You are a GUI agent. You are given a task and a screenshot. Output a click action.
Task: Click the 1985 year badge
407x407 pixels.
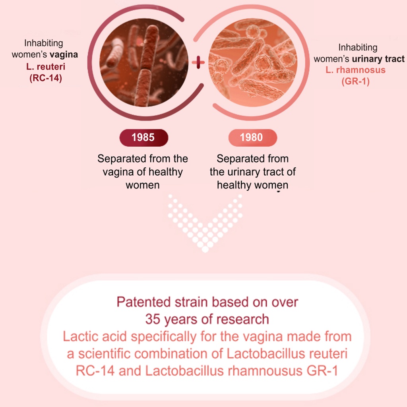point(144,138)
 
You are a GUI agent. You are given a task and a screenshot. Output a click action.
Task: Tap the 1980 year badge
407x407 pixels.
point(252,138)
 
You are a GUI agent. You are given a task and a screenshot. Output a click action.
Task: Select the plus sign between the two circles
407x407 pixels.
point(198,62)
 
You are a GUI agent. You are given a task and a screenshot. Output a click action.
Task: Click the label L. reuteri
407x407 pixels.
point(46,67)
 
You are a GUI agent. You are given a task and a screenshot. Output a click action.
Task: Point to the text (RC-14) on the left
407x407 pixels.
point(46,78)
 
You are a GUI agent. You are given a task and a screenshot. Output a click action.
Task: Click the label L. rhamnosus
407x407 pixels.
point(355,70)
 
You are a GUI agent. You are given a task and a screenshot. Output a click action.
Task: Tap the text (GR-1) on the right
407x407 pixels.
point(355,81)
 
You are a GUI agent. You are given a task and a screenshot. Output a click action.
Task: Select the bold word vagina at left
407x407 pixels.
point(64,55)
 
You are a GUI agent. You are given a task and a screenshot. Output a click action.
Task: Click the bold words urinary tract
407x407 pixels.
point(378,59)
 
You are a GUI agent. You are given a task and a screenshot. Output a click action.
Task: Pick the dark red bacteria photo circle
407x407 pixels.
point(144,62)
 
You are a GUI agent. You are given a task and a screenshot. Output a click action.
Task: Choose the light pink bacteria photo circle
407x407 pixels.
point(253,62)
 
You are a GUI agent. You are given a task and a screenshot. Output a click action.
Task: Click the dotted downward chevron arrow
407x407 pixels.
point(205,223)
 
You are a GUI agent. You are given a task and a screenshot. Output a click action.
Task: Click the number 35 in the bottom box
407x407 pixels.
point(153,319)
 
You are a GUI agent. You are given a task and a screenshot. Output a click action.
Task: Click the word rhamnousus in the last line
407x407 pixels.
point(265,371)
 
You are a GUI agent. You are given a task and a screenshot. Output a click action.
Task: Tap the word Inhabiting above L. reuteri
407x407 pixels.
point(44,43)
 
